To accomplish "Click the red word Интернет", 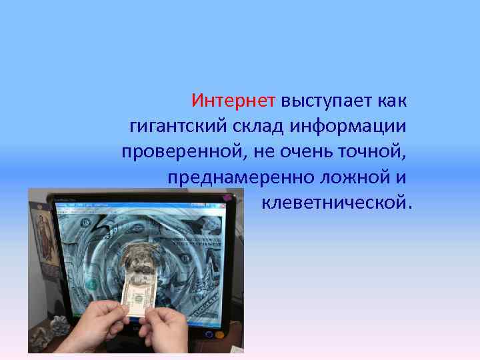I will [233, 101].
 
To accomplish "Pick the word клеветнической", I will [337, 201].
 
